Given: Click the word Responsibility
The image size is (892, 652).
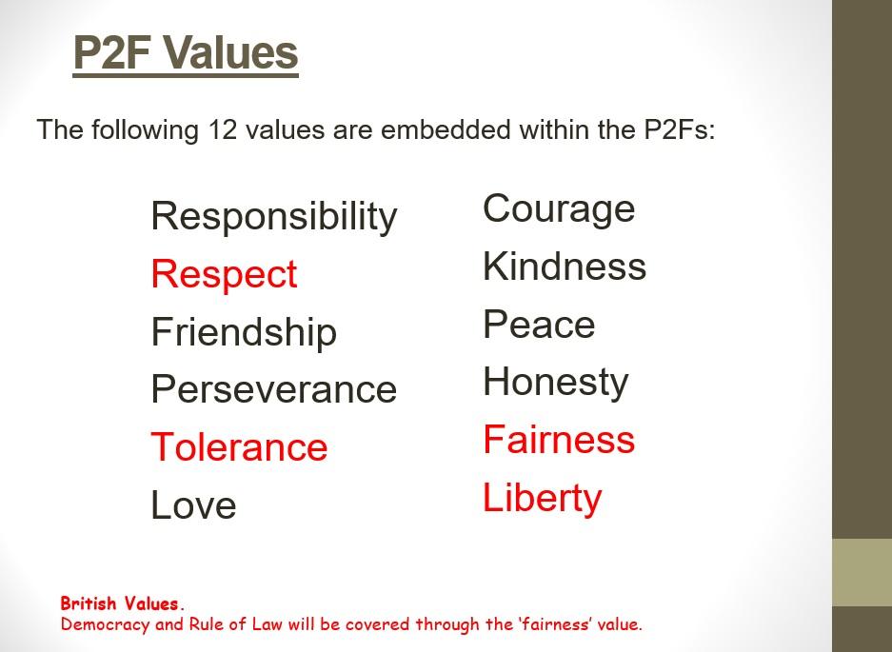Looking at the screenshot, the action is click(x=273, y=217).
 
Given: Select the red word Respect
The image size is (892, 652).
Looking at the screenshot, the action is click(x=224, y=275).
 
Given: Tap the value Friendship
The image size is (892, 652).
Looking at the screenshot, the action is click(x=244, y=331).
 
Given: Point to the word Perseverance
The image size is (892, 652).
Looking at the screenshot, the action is click(x=273, y=389).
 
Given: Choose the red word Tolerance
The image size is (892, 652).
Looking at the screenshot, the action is click(x=239, y=446).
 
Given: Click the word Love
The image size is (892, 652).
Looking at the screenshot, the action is click(x=193, y=504).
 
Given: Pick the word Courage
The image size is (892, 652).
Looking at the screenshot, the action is click(x=559, y=209).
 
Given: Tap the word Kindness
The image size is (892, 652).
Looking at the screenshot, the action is click(x=565, y=266).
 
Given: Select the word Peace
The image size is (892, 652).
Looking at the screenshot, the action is click(x=539, y=324).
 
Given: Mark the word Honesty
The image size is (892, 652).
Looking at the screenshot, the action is click(x=556, y=383).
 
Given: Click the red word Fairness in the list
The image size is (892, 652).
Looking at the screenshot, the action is click(x=559, y=439).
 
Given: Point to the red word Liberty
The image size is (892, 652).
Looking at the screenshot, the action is click(x=542, y=499).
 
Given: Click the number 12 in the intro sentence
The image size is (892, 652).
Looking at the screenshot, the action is click(x=222, y=129).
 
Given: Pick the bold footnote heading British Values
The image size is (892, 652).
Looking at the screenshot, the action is click(x=121, y=603).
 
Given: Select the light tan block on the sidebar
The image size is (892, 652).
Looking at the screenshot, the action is click(x=862, y=572).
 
